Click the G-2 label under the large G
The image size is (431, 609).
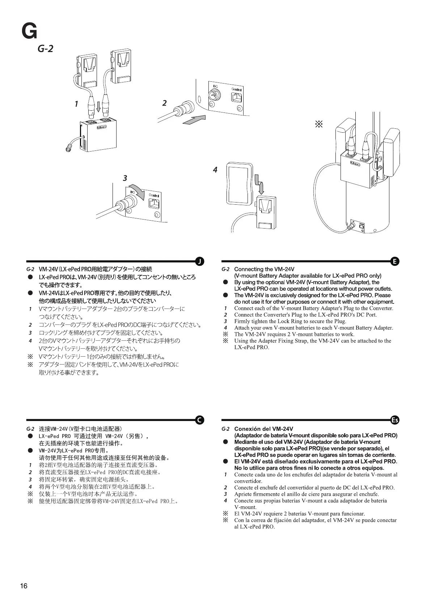[x=45, y=48]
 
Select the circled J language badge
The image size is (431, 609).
[x=199, y=261]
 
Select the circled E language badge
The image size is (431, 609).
[x=395, y=261]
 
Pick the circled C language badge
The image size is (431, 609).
[x=199, y=420]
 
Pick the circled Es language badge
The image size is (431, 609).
[x=395, y=420]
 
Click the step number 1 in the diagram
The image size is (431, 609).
[x=76, y=104]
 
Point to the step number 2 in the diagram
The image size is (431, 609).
[x=164, y=103]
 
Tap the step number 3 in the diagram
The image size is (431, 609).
[x=125, y=178]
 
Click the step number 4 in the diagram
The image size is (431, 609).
[x=215, y=170]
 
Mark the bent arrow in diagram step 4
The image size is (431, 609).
[x=260, y=183]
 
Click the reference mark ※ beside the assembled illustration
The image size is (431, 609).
[x=319, y=125]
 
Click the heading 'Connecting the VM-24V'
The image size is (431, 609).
[x=264, y=269]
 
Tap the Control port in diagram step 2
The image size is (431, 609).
[x=237, y=96]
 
